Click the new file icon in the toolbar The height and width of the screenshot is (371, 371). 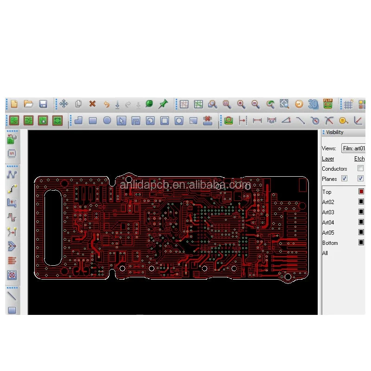tap(14, 104)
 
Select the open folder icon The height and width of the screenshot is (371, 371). tap(28, 104)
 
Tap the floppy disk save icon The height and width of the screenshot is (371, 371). tap(43, 104)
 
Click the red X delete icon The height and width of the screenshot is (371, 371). tap(92, 104)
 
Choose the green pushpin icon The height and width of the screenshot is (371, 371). tap(163, 104)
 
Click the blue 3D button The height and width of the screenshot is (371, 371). tap(313, 104)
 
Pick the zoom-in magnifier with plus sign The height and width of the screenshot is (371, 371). tap(241, 104)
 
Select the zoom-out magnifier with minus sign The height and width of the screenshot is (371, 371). tap(256, 104)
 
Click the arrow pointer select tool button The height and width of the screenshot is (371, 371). tap(121, 121)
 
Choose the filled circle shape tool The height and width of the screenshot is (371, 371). tap(107, 121)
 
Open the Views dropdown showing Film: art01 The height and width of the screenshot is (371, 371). tap(353, 148)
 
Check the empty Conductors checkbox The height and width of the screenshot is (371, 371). tap(360, 169)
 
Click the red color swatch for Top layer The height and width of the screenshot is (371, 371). tap(361, 192)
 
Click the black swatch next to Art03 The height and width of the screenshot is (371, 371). tap(361, 212)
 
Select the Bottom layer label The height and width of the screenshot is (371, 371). tap(330, 243)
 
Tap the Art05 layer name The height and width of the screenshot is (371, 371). tap(328, 233)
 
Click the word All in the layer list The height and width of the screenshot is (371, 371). tap(325, 253)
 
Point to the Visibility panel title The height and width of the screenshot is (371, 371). tap(335, 132)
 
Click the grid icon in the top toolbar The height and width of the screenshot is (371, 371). tap(348, 104)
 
